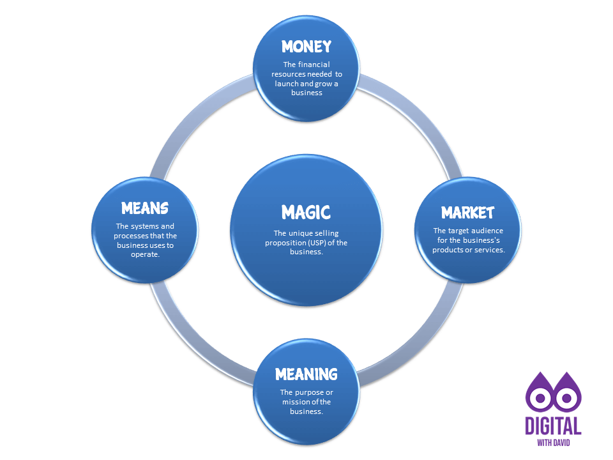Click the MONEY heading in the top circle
click(x=306, y=46)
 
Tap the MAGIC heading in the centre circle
click(x=306, y=211)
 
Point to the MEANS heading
click(x=145, y=208)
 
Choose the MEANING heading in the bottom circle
click(x=306, y=373)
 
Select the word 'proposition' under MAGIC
click(x=287, y=243)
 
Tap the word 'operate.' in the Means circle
click(x=145, y=254)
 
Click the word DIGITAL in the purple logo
click(x=553, y=425)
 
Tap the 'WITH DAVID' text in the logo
click(x=553, y=442)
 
